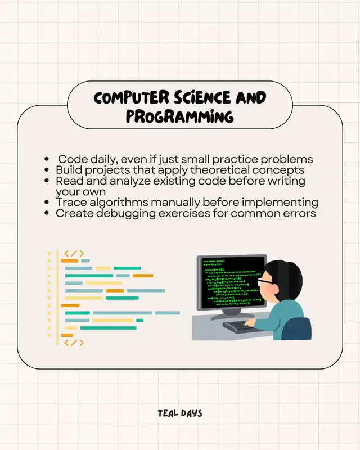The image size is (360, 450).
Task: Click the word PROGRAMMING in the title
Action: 179,116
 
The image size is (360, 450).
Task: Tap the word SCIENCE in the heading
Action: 202,97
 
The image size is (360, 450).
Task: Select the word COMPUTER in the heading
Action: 131,97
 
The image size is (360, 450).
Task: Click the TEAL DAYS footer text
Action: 179,413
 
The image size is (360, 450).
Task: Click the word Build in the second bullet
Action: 69,170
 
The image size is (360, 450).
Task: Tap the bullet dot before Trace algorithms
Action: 47,202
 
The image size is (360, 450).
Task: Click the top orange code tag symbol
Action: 74,254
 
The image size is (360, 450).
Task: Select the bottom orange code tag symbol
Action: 74,343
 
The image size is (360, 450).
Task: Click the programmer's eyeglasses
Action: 265,281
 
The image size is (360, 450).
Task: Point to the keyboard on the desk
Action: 242,327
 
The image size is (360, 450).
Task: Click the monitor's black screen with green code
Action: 232,282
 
